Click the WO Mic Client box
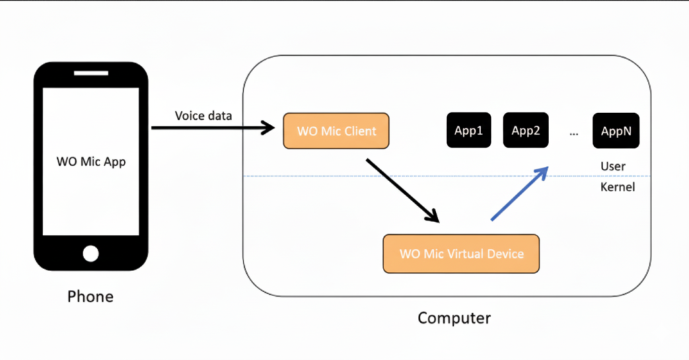click(336, 131)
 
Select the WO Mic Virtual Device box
click(461, 254)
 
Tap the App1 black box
click(468, 131)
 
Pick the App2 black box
click(525, 131)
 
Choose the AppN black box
click(616, 131)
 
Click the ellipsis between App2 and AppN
click(573, 133)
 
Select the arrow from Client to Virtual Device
click(402, 190)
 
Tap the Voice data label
click(203, 116)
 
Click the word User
click(613, 166)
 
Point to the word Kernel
click(617, 187)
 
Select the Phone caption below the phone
click(90, 296)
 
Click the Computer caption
click(454, 318)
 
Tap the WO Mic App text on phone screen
click(90, 161)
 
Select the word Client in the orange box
click(360, 131)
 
